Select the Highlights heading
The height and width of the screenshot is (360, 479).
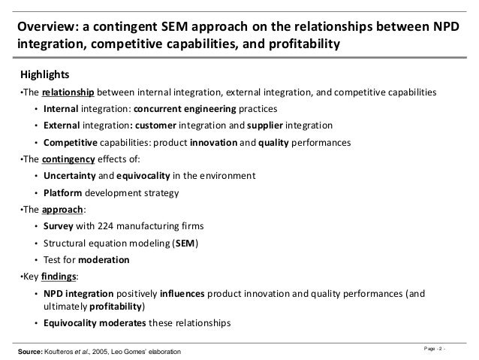(44, 75)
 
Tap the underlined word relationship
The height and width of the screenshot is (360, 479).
(68, 92)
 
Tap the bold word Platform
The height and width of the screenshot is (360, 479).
(65, 192)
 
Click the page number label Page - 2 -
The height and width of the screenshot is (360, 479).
(445, 346)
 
